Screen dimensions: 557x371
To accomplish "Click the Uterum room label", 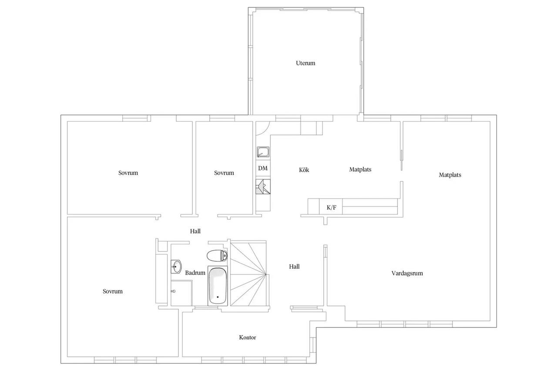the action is point(305,63).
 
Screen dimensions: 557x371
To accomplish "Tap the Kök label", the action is point(304,170).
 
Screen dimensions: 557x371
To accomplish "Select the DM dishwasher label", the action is point(263,168).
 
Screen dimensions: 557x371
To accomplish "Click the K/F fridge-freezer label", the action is point(332,207).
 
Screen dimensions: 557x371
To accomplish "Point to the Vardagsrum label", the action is point(407,273).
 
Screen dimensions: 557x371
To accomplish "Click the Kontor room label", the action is point(248,338).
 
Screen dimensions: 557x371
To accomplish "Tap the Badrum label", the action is point(195,273).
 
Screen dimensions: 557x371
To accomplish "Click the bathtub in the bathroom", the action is point(218,286).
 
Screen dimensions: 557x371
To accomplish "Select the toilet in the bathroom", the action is point(217,256).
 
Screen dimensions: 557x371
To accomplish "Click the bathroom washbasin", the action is point(176,267).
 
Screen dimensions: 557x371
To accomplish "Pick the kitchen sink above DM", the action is point(263,152).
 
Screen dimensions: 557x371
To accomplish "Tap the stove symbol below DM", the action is point(263,186).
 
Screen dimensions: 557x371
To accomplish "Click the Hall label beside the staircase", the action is point(294,267).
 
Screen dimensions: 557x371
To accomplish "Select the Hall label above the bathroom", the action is point(195,231).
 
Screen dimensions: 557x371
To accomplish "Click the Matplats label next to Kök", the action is point(360,170).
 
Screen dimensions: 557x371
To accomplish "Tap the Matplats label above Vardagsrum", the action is point(450,175).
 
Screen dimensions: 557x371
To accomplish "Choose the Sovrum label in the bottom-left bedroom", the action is point(113,291).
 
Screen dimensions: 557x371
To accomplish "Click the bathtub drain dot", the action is point(218,297).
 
